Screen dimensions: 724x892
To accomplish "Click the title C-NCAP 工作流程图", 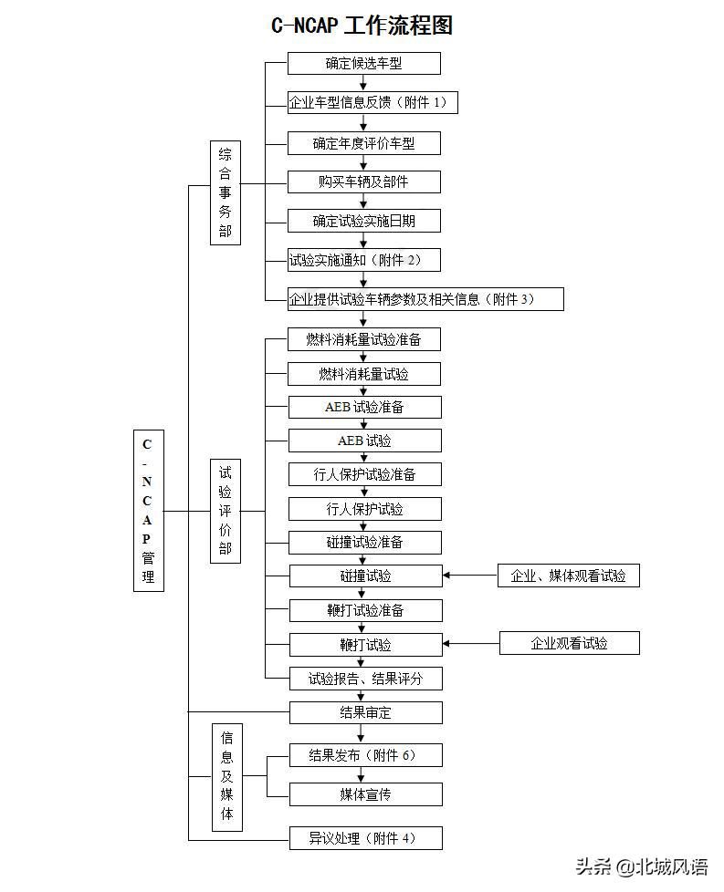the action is click(x=362, y=26).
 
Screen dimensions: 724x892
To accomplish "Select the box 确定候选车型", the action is click(x=364, y=63).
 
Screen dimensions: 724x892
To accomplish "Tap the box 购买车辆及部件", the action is click(x=364, y=182).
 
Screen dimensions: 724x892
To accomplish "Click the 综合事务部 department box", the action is click(x=226, y=192).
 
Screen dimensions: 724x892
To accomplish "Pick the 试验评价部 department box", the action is click(x=226, y=511).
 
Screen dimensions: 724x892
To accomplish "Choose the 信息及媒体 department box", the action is click(x=227, y=777).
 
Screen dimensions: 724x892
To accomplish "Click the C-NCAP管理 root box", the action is click(x=149, y=510).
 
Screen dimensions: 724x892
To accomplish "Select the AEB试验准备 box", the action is click(x=365, y=408).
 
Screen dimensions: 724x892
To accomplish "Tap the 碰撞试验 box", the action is click(x=366, y=576).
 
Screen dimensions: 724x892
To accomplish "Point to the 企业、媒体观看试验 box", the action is click(x=569, y=576).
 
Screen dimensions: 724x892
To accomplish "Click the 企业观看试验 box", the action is click(x=570, y=643).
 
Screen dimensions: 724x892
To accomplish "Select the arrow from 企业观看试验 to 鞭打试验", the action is click(x=471, y=643).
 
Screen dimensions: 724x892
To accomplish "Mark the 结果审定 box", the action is click(x=366, y=713).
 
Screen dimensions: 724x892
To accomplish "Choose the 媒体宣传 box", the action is click(x=366, y=794).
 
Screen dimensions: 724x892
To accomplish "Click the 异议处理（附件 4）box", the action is click(x=366, y=838).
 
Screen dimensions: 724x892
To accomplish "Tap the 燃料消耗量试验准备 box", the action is click(x=364, y=339).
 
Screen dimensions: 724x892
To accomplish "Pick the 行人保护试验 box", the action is click(x=365, y=509).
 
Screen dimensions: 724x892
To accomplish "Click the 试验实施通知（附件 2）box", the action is click(x=364, y=260).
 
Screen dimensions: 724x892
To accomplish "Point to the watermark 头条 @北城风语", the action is click(x=642, y=867).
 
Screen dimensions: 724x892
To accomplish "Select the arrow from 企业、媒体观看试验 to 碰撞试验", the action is click(x=470, y=576).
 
